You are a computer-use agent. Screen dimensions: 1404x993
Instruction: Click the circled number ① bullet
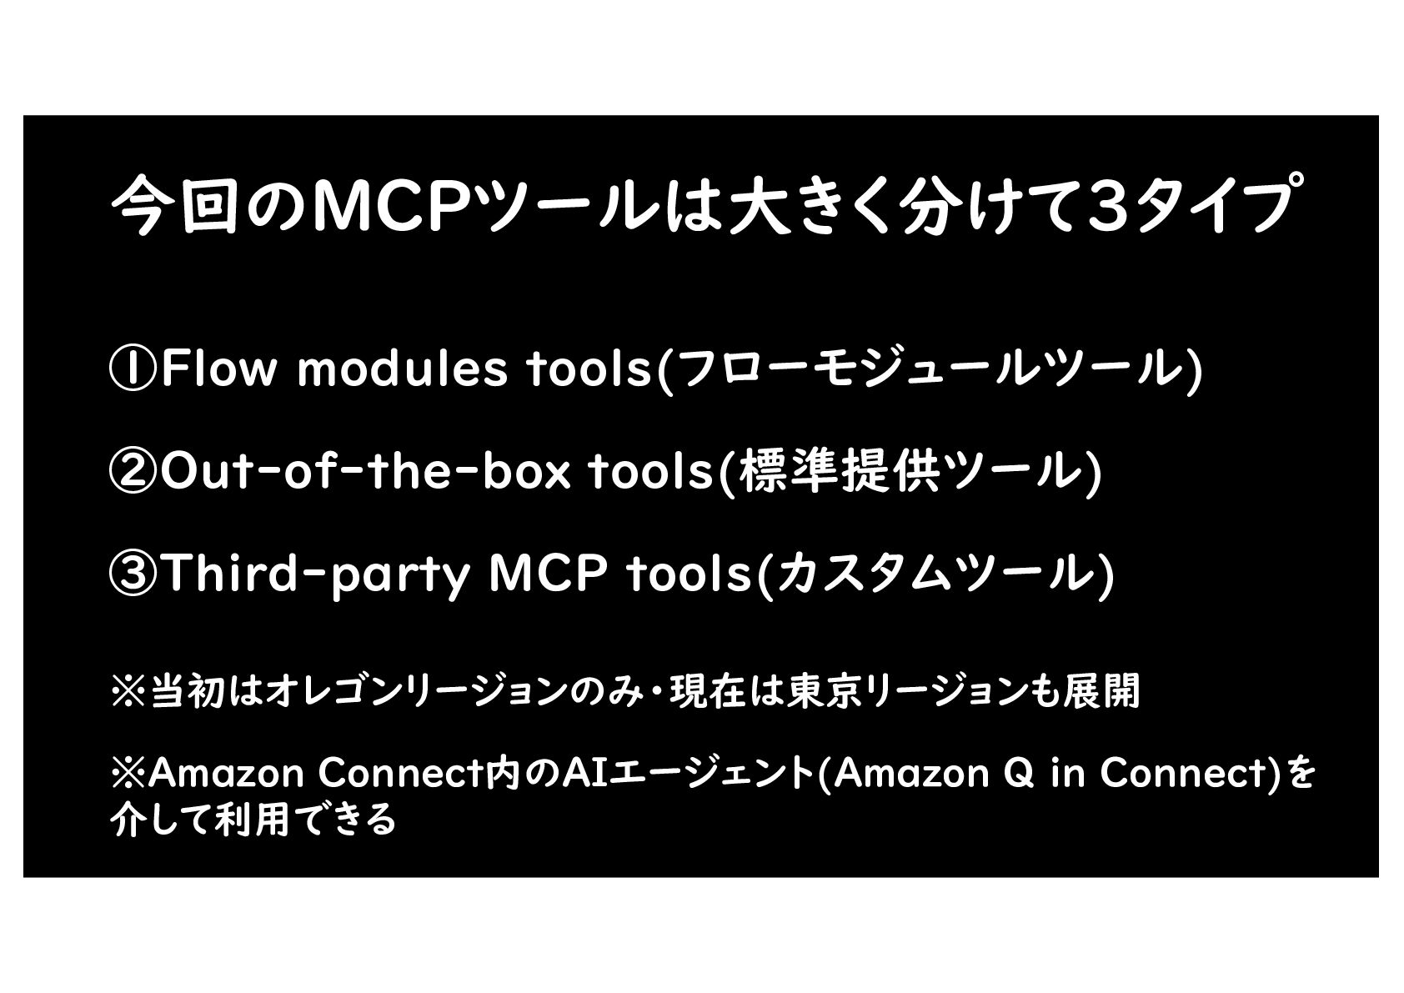[x=133, y=370]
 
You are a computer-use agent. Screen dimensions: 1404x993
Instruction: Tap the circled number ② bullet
[x=133, y=472]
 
